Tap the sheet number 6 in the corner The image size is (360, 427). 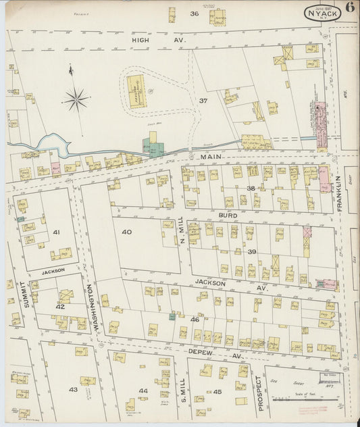coord(350,8)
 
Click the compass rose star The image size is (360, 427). coord(76,100)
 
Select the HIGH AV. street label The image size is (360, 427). coord(149,41)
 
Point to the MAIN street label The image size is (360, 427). coord(210,156)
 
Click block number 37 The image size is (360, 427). coord(203,101)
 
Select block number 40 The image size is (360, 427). coord(126,232)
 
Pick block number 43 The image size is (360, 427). coord(73,390)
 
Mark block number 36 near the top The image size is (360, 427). coord(195,14)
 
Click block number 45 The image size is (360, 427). coord(217,391)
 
